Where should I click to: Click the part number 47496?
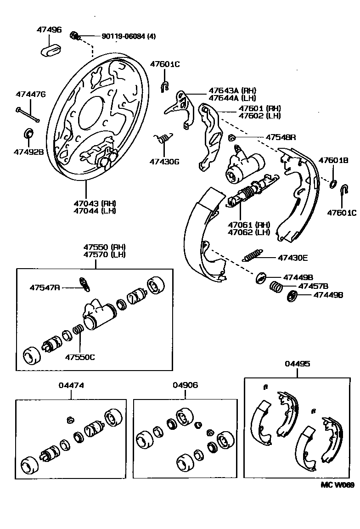click(x=49, y=30)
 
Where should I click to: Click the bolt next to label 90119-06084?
click(x=74, y=35)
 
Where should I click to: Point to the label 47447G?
click(x=31, y=94)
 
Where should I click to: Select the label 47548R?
click(x=281, y=137)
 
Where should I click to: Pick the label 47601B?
click(x=334, y=160)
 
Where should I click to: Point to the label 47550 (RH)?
click(x=104, y=247)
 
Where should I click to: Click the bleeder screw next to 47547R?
click(x=84, y=284)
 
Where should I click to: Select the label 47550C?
click(x=80, y=357)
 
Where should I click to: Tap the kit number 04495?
click(x=297, y=364)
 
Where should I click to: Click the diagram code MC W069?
click(x=337, y=485)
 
